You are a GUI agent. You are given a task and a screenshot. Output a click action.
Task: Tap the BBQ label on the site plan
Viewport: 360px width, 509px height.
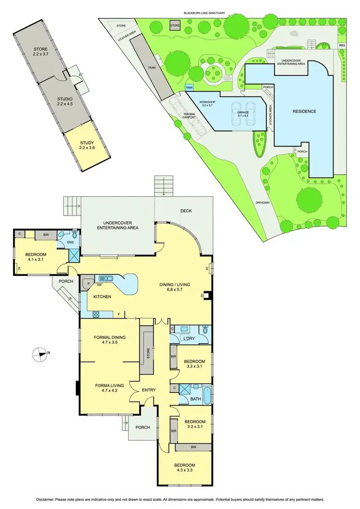coord(342,45)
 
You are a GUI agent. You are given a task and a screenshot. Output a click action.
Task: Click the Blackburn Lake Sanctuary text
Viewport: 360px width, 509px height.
coord(204,13)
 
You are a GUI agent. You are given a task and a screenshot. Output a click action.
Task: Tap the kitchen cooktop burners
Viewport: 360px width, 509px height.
coord(96,315)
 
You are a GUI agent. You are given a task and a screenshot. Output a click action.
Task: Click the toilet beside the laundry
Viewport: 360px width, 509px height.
coord(205,330)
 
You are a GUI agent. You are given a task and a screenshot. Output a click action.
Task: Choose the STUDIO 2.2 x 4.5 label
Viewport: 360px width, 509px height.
coord(64,102)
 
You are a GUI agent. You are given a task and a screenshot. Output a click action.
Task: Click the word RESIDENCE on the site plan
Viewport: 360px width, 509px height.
coord(304,111)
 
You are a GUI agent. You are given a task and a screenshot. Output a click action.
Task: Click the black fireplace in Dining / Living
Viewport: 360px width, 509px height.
coord(206,296)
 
